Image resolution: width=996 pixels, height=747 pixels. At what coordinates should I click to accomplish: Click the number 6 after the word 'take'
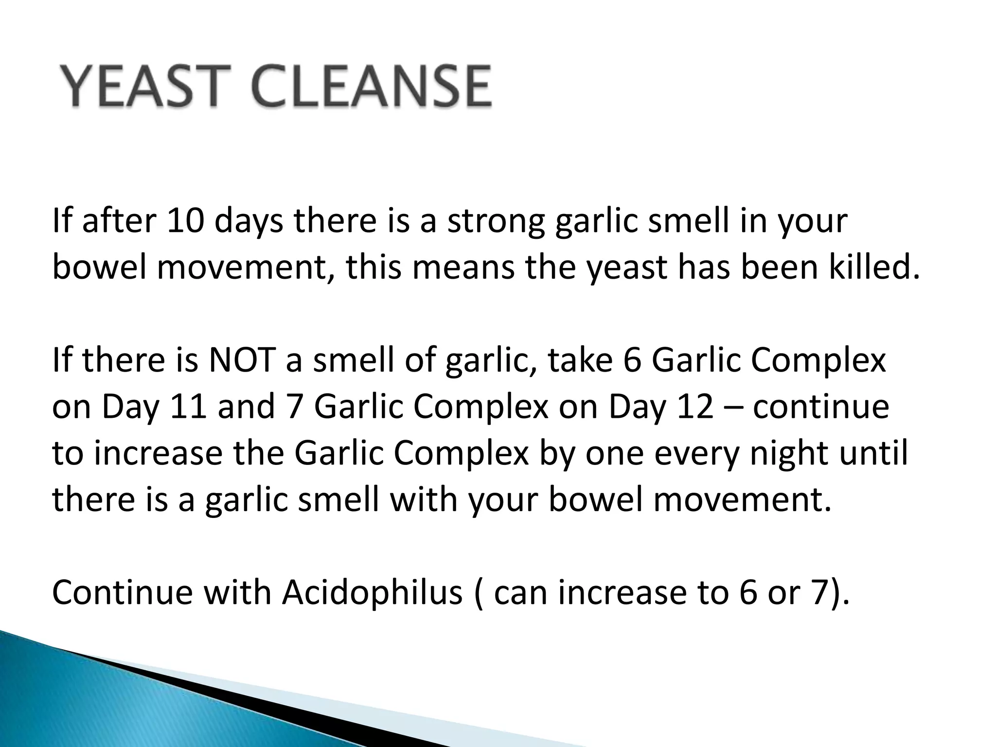tap(632, 360)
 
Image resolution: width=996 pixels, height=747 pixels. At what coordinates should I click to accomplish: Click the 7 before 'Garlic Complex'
tap(296, 407)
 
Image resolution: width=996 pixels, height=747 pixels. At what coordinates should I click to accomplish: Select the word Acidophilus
tap(373, 593)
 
